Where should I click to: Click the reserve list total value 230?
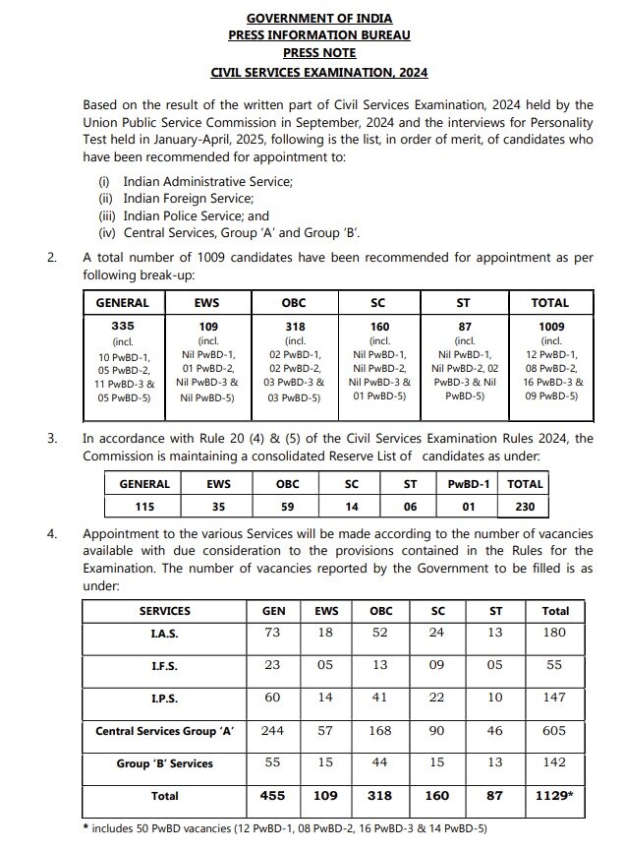tap(525, 507)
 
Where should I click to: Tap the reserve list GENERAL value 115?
tap(144, 507)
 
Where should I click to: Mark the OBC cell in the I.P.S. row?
tap(380, 698)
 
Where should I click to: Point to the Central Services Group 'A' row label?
tap(165, 731)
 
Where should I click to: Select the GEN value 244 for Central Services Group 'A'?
tap(273, 731)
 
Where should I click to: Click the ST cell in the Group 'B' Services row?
tap(495, 762)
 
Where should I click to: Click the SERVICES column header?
tap(165, 611)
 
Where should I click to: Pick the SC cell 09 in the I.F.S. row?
tap(438, 666)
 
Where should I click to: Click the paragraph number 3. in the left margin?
tap(52, 439)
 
